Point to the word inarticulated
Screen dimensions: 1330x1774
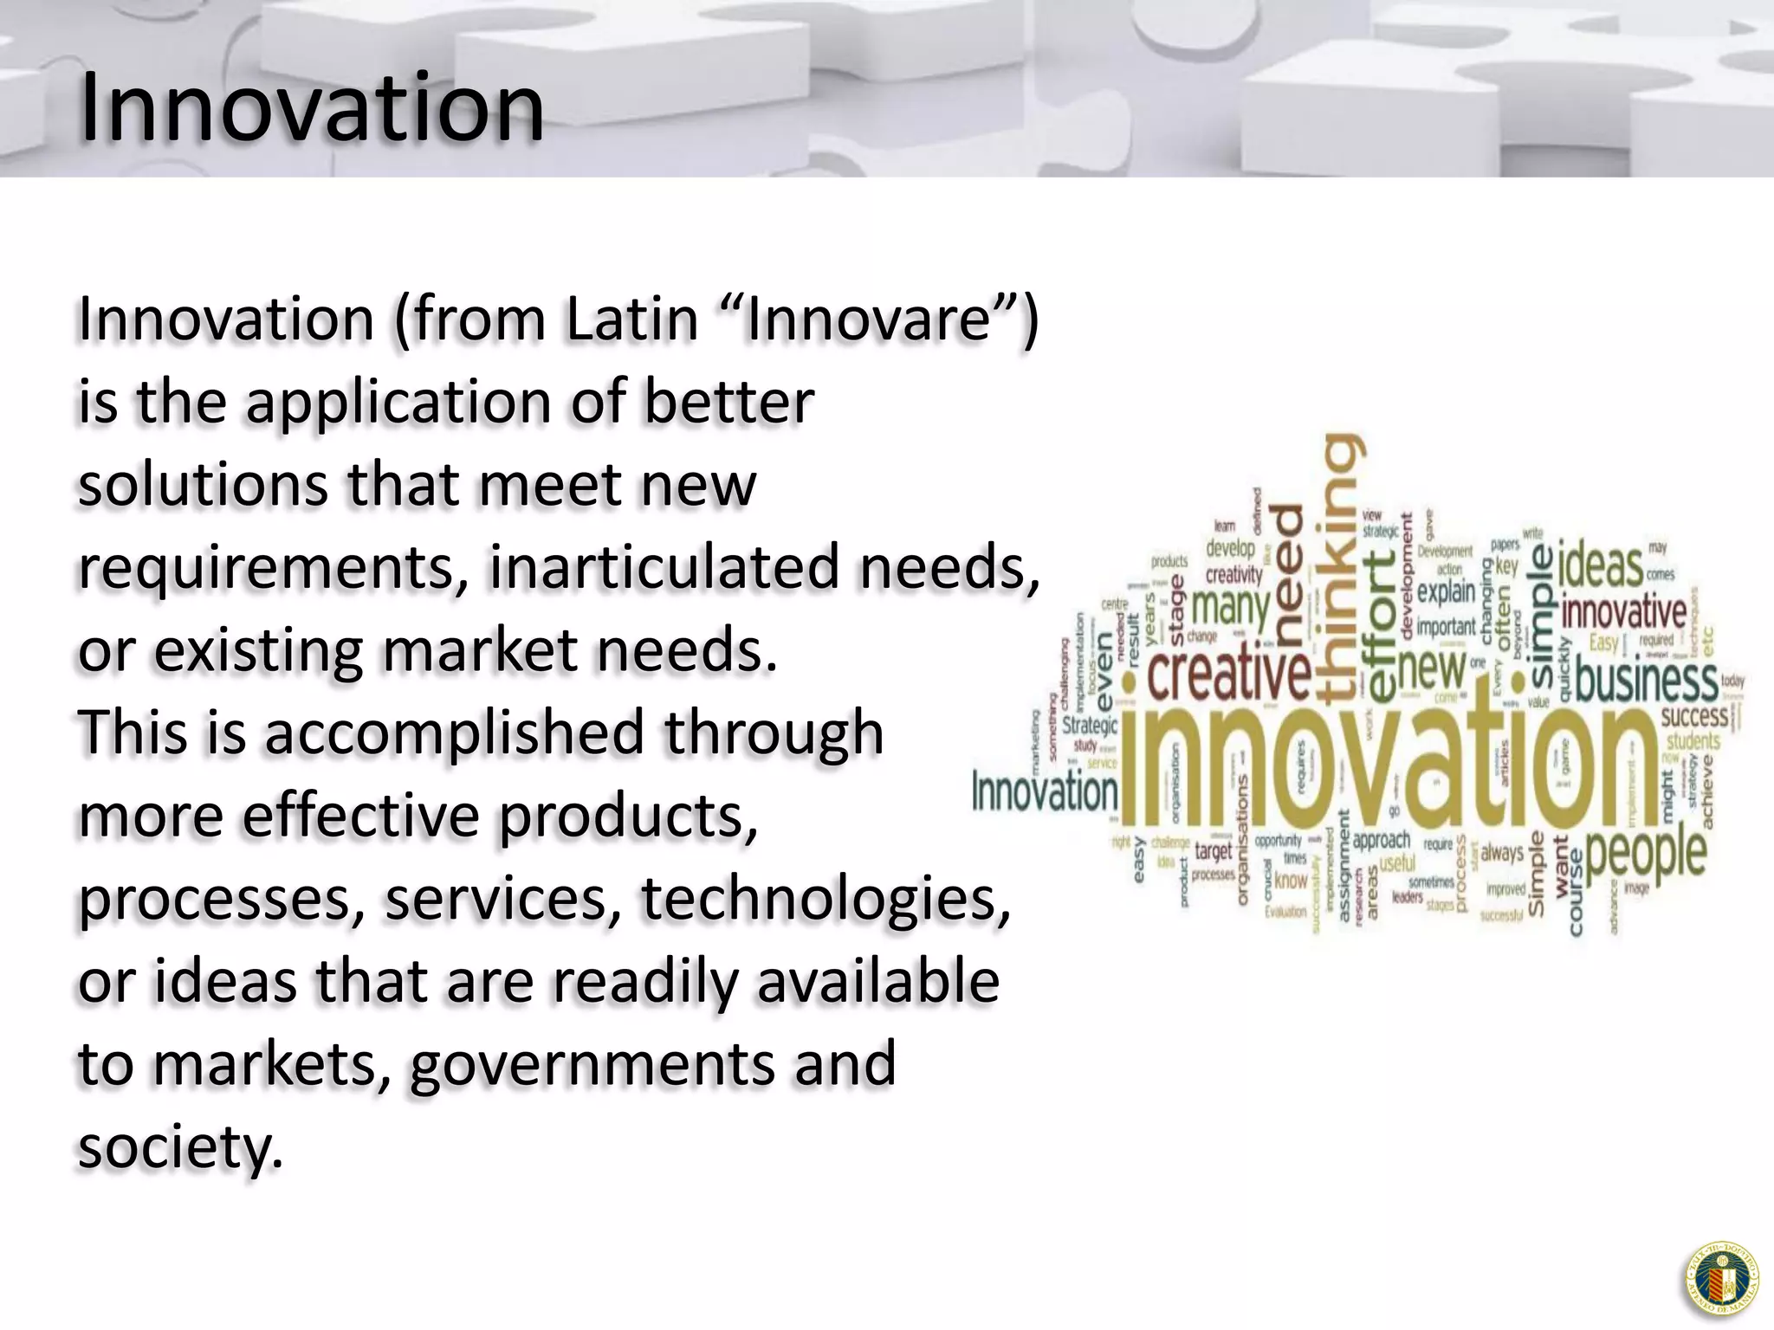pos(664,567)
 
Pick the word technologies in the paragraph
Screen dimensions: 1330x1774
pos(825,899)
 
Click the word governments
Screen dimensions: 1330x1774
pos(592,1065)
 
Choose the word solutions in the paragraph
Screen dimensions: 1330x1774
pos(203,485)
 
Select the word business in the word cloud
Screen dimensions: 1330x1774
pos(1646,681)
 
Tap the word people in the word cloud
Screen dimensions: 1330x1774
pos(1646,853)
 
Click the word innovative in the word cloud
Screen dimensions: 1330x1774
pos(1624,612)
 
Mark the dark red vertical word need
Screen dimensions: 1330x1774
pos(1289,576)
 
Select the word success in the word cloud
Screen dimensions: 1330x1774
pos(1694,717)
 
